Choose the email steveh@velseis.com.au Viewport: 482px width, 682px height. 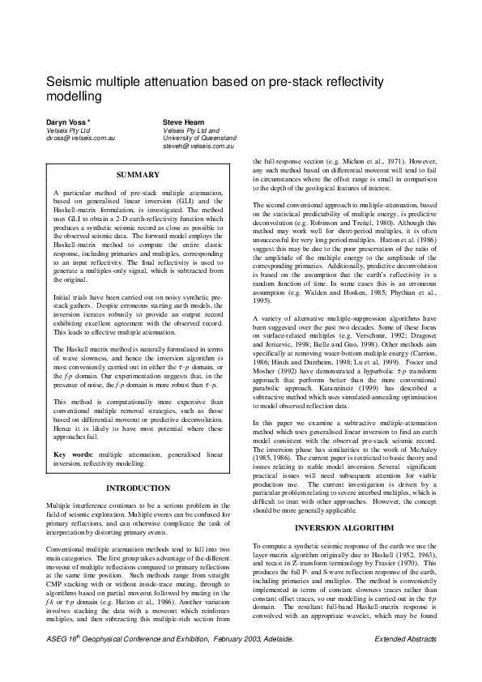tap(198, 147)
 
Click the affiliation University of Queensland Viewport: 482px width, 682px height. tap(200, 138)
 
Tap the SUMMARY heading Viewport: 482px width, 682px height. tap(133, 175)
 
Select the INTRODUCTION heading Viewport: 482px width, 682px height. tap(133, 488)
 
